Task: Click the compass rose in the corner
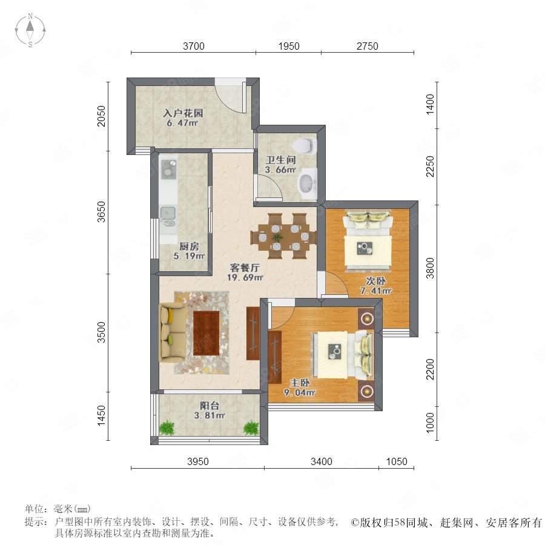pyautogui.click(x=30, y=30)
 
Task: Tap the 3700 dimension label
pyautogui.click(x=194, y=46)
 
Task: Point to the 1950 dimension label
pyautogui.click(x=289, y=46)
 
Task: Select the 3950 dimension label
pyautogui.click(x=198, y=461)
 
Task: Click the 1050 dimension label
pyautogui.click(x=397, y=461)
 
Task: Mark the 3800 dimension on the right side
pyautogui.click(x=431, y=268)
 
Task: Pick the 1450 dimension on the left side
pyautogui.click(x=101, y=415)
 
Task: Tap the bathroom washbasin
pyautogui.click(x=308, y=183)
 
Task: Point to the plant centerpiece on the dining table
pyautogui.click(x=277, y=238)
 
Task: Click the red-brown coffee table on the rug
pyautogui.click(x=206, y=333)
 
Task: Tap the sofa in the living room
pyautogui.click(x=172, y=332)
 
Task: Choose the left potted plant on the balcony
pyautogui.click(x=167, y=428)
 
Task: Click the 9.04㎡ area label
pyautogui.click(x=300, y=393)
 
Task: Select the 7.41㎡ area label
pyautogui.click(x=375, y=291)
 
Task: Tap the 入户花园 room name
pyautogui.click(x=183, y=113)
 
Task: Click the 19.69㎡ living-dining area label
pyautogui.click(x=245, y=277)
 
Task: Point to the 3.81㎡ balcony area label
pyautogui.click(x=210, y=415)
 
